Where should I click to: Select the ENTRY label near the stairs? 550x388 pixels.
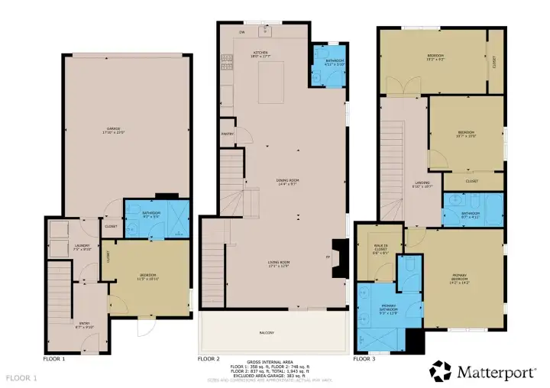tap(84, 325)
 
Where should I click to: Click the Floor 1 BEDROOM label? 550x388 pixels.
tap(148, 276)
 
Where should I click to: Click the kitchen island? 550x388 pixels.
tap(275, 84)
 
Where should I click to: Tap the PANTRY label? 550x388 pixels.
tap(228, 134)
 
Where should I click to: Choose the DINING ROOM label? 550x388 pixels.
tap(287, 182)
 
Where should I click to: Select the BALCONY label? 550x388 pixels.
tap(266, 333)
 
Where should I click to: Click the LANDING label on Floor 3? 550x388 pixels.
tap(422, 184)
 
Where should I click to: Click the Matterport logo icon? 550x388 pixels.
tap(441, 371)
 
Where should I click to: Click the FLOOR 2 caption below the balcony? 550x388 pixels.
tap(209, 358)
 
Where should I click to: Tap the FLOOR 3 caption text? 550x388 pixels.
tap(364, 358)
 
